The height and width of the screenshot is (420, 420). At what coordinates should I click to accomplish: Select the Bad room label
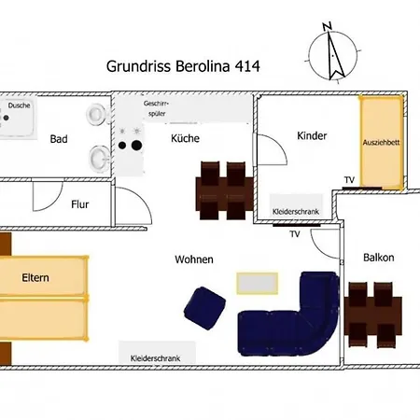coord(59,139)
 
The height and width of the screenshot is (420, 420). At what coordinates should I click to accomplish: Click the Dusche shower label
coord(20,105)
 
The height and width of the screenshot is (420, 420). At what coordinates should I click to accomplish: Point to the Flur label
coord(80,203)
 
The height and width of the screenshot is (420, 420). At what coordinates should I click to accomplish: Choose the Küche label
coord(185,139)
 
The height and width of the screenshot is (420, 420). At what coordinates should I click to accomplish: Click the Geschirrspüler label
coord(156,107)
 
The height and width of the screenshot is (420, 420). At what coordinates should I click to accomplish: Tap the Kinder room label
coord(312,135)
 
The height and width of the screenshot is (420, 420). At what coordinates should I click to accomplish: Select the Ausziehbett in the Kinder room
coord(382,142)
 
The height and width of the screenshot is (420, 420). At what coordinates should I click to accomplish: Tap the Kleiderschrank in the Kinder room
coord(296,213)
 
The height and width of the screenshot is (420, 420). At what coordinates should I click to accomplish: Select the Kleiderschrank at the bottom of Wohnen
coord(156,357)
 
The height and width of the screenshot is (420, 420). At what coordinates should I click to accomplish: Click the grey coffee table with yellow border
coord(258,282)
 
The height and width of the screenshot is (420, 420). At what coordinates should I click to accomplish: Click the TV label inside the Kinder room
coord(349,179)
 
